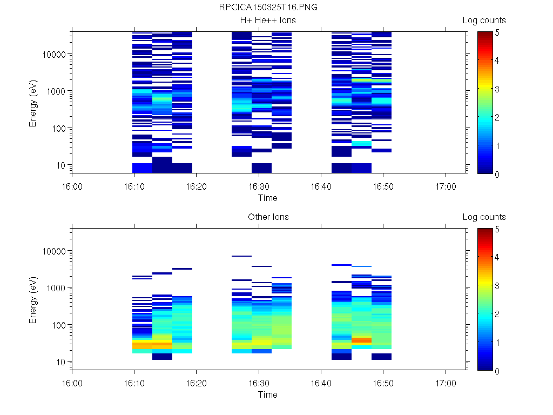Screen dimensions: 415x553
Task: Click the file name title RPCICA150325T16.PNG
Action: point(268,8)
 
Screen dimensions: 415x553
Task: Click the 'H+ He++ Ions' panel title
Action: point(268,21)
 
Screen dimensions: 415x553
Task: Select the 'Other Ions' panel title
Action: point(268,217)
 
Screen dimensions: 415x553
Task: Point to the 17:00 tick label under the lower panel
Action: point(446,383)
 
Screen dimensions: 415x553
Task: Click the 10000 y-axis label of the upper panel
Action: point(55,55)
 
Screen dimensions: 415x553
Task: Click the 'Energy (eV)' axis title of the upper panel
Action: point(33,103)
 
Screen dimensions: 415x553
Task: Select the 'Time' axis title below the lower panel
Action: point(268,394)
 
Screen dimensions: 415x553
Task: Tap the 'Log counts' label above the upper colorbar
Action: point(484,21)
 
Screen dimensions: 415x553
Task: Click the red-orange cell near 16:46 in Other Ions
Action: point(361,340)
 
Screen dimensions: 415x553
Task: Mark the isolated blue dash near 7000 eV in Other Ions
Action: point(241,256)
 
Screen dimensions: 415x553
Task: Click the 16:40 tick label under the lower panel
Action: point(321,383)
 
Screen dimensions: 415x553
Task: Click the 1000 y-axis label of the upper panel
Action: point(57,91)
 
